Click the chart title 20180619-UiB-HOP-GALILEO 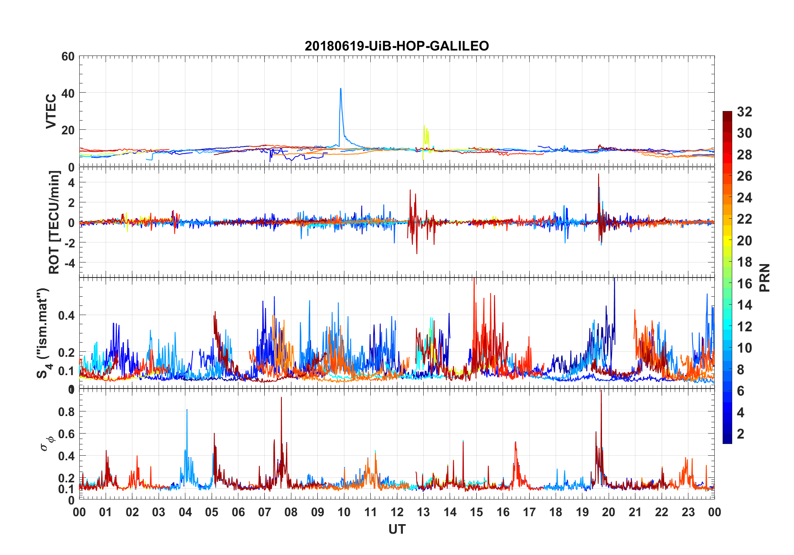(x=397, y=46)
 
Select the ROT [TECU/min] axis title (x=54, y=222)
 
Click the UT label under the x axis (x=397, y=530)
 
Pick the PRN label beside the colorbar (x=764, y=277)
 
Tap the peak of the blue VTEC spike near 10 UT (x=341, y=89)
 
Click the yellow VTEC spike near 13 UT (x=424, y=126)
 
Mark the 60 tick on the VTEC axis (x=68, y=56)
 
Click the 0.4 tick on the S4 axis (x=66, y=315)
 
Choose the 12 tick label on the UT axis (x=397, y=512)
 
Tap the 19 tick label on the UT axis (x=582, y=512)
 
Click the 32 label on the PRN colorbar (x=744, y=112)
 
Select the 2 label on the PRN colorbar (x=741, y=434)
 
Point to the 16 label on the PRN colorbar (x=744, y=284)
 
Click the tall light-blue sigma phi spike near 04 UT (x=187, y=410)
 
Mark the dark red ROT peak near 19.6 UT (x=599, y=174)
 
